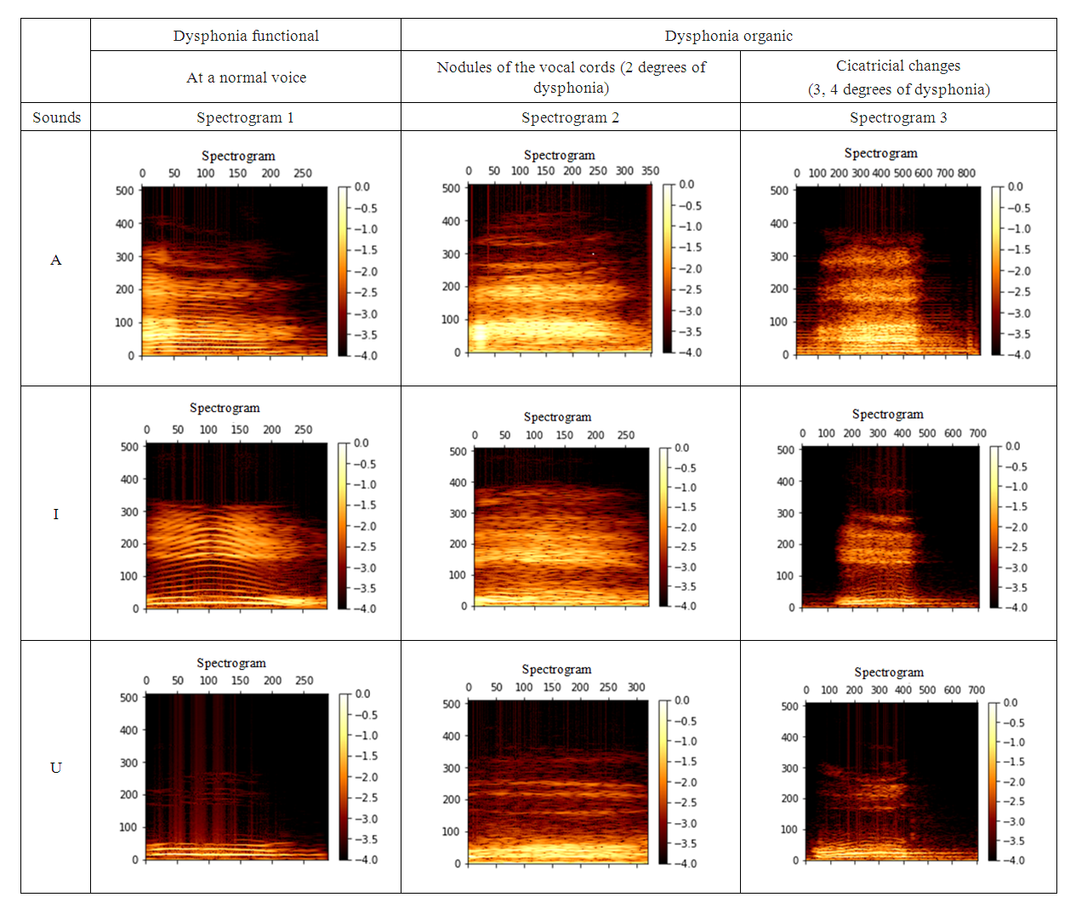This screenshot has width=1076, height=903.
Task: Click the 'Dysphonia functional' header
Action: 246,36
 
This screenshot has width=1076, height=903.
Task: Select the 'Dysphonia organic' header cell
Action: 728,36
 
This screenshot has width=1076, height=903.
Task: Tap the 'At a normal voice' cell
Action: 246,77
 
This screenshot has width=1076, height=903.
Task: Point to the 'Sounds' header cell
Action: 56,117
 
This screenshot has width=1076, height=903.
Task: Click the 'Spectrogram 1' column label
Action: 245,117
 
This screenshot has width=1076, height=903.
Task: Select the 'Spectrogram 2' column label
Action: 570,117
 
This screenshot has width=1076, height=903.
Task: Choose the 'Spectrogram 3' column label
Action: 898,117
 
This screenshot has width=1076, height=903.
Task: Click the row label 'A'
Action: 56,260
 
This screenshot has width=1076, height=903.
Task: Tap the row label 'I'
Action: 56,513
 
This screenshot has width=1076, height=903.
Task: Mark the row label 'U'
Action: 56,768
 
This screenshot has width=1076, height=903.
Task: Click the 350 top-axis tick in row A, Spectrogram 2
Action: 650,171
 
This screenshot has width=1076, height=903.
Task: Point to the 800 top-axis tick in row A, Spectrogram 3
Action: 966,173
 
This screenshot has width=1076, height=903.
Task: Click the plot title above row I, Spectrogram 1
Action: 225,408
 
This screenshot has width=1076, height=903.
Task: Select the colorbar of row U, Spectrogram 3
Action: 993,781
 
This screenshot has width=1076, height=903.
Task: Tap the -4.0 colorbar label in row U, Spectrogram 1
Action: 366,860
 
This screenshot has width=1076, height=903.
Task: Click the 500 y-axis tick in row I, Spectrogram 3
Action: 785,449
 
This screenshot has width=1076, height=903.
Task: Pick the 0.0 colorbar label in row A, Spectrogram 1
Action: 362,186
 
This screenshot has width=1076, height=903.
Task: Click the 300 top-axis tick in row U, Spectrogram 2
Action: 636,687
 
